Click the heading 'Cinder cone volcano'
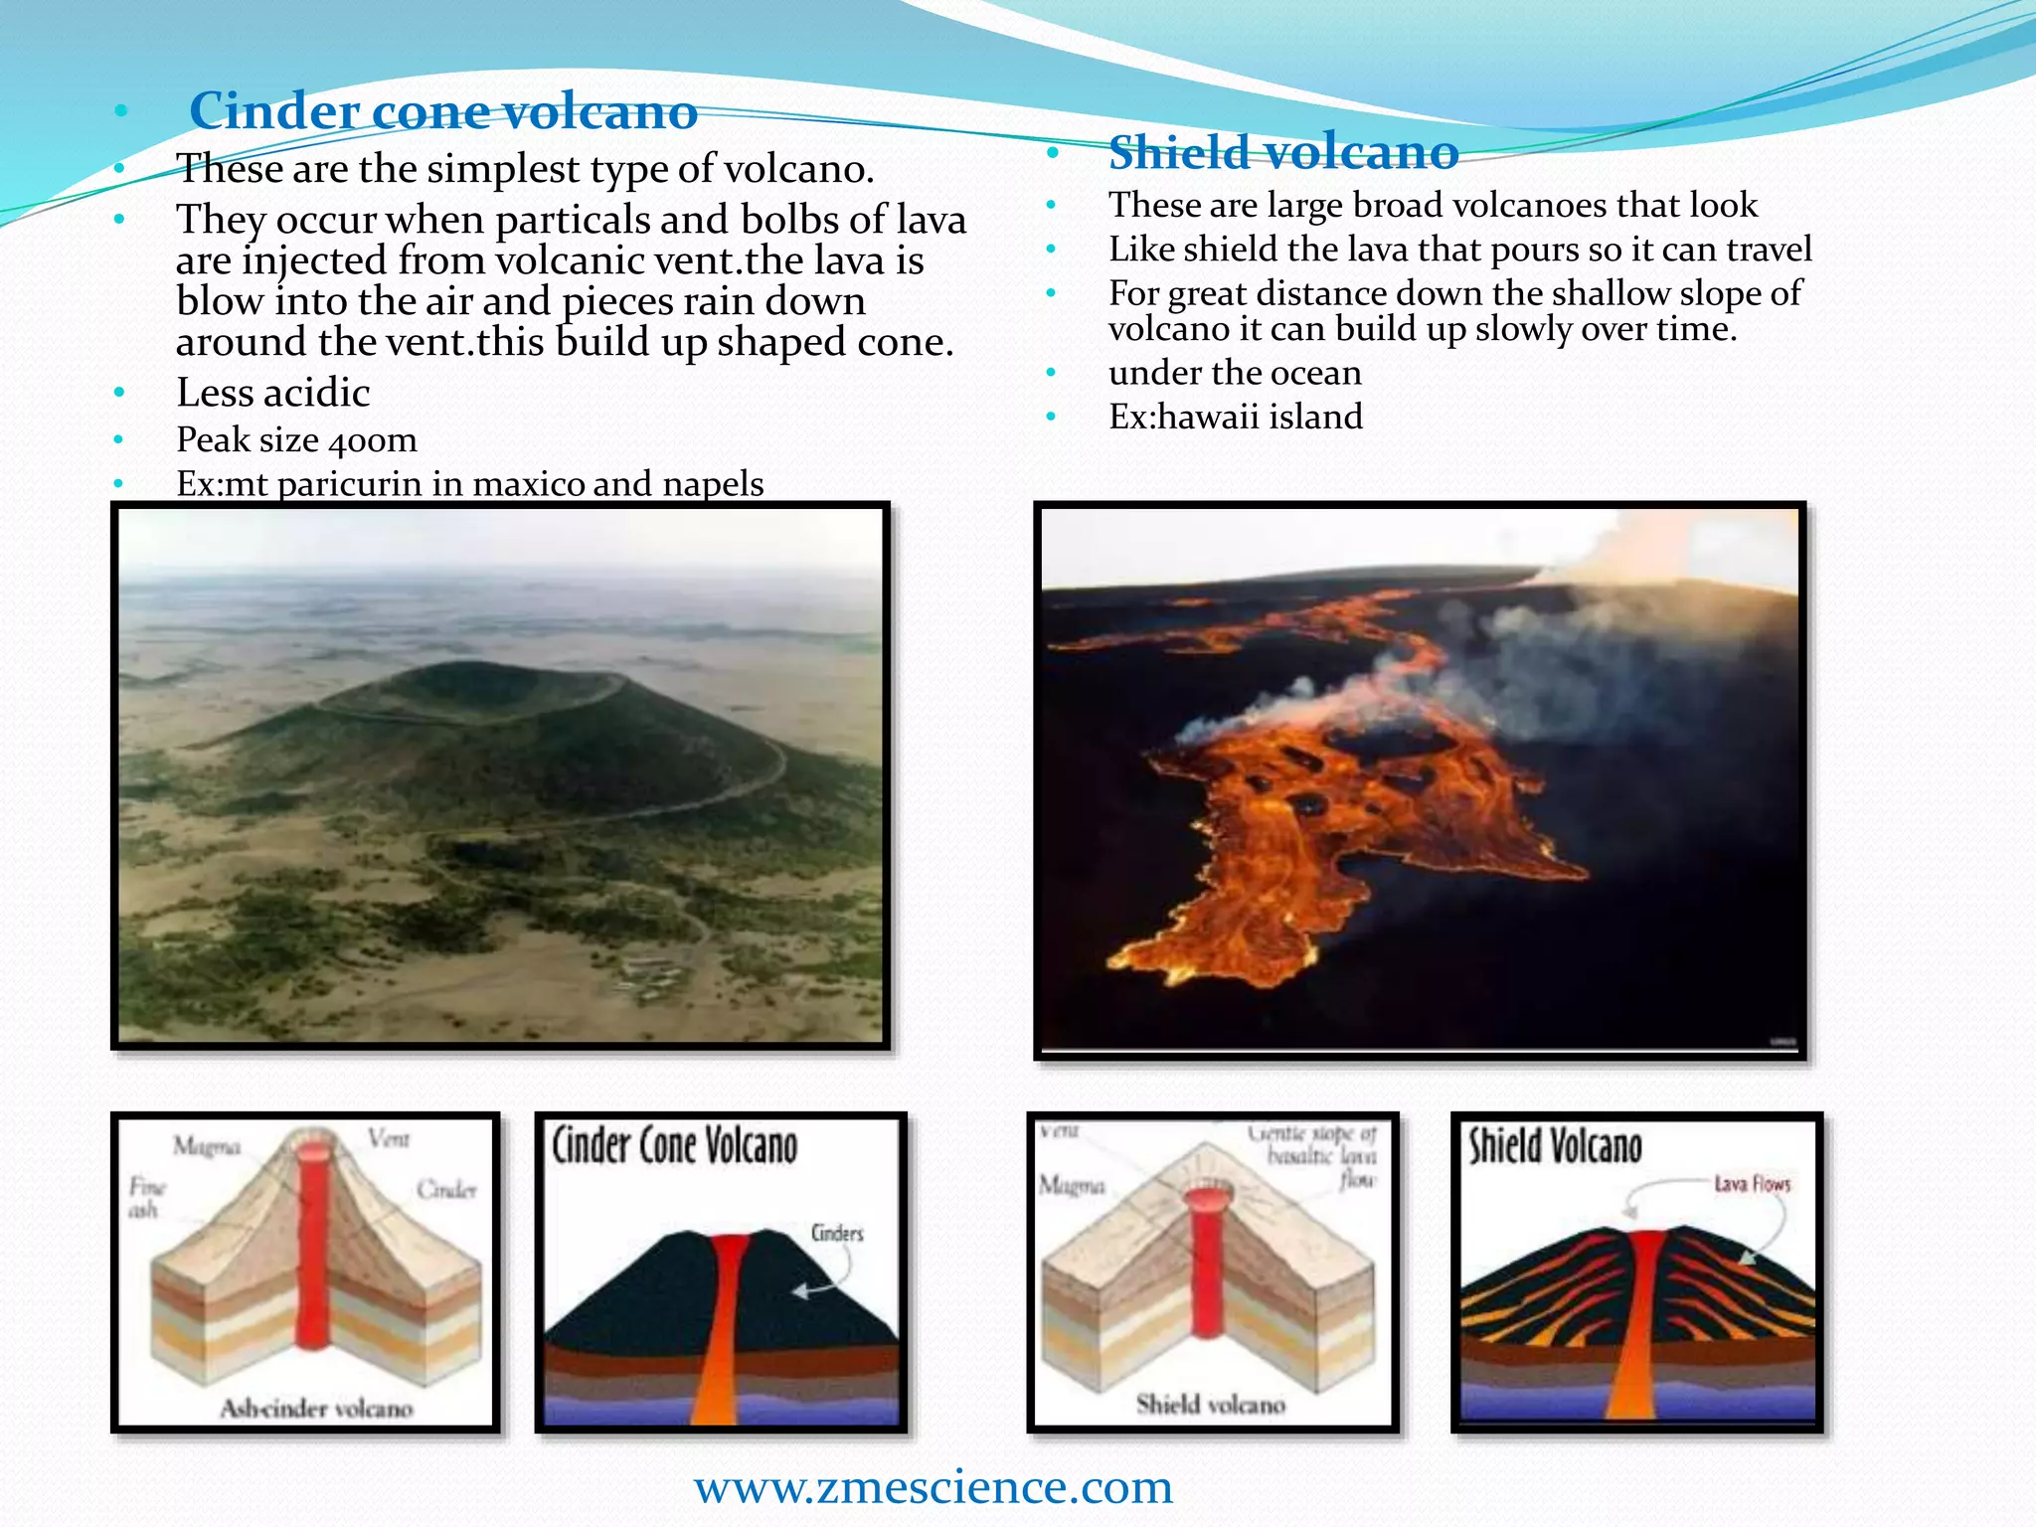[x=443, y=110]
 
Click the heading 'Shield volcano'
[x=1283, y=152]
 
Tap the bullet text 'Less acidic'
[x=272, y=393]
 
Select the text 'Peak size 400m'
[x=296, y=439]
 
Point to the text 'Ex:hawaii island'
[x=1236, y=417]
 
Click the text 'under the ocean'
[x=1235, y=373]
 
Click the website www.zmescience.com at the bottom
[x=933, y=1486]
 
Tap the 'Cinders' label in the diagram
[x=837, y=1233]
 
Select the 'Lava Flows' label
[x=1752, y=1184]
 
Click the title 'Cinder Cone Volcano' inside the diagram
[x=674, y=1146]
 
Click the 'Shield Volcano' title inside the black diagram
[x=1556, y=1146]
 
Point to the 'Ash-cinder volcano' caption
[x=316, y=1408]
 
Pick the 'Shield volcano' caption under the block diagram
[x=1211, y=1404]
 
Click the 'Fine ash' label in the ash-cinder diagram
[x=145, y=1198]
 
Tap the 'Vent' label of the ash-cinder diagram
[x=389, y=1138]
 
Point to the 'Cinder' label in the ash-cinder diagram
[x=446, y=1189]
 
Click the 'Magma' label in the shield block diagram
[x=1072, y=1185]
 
